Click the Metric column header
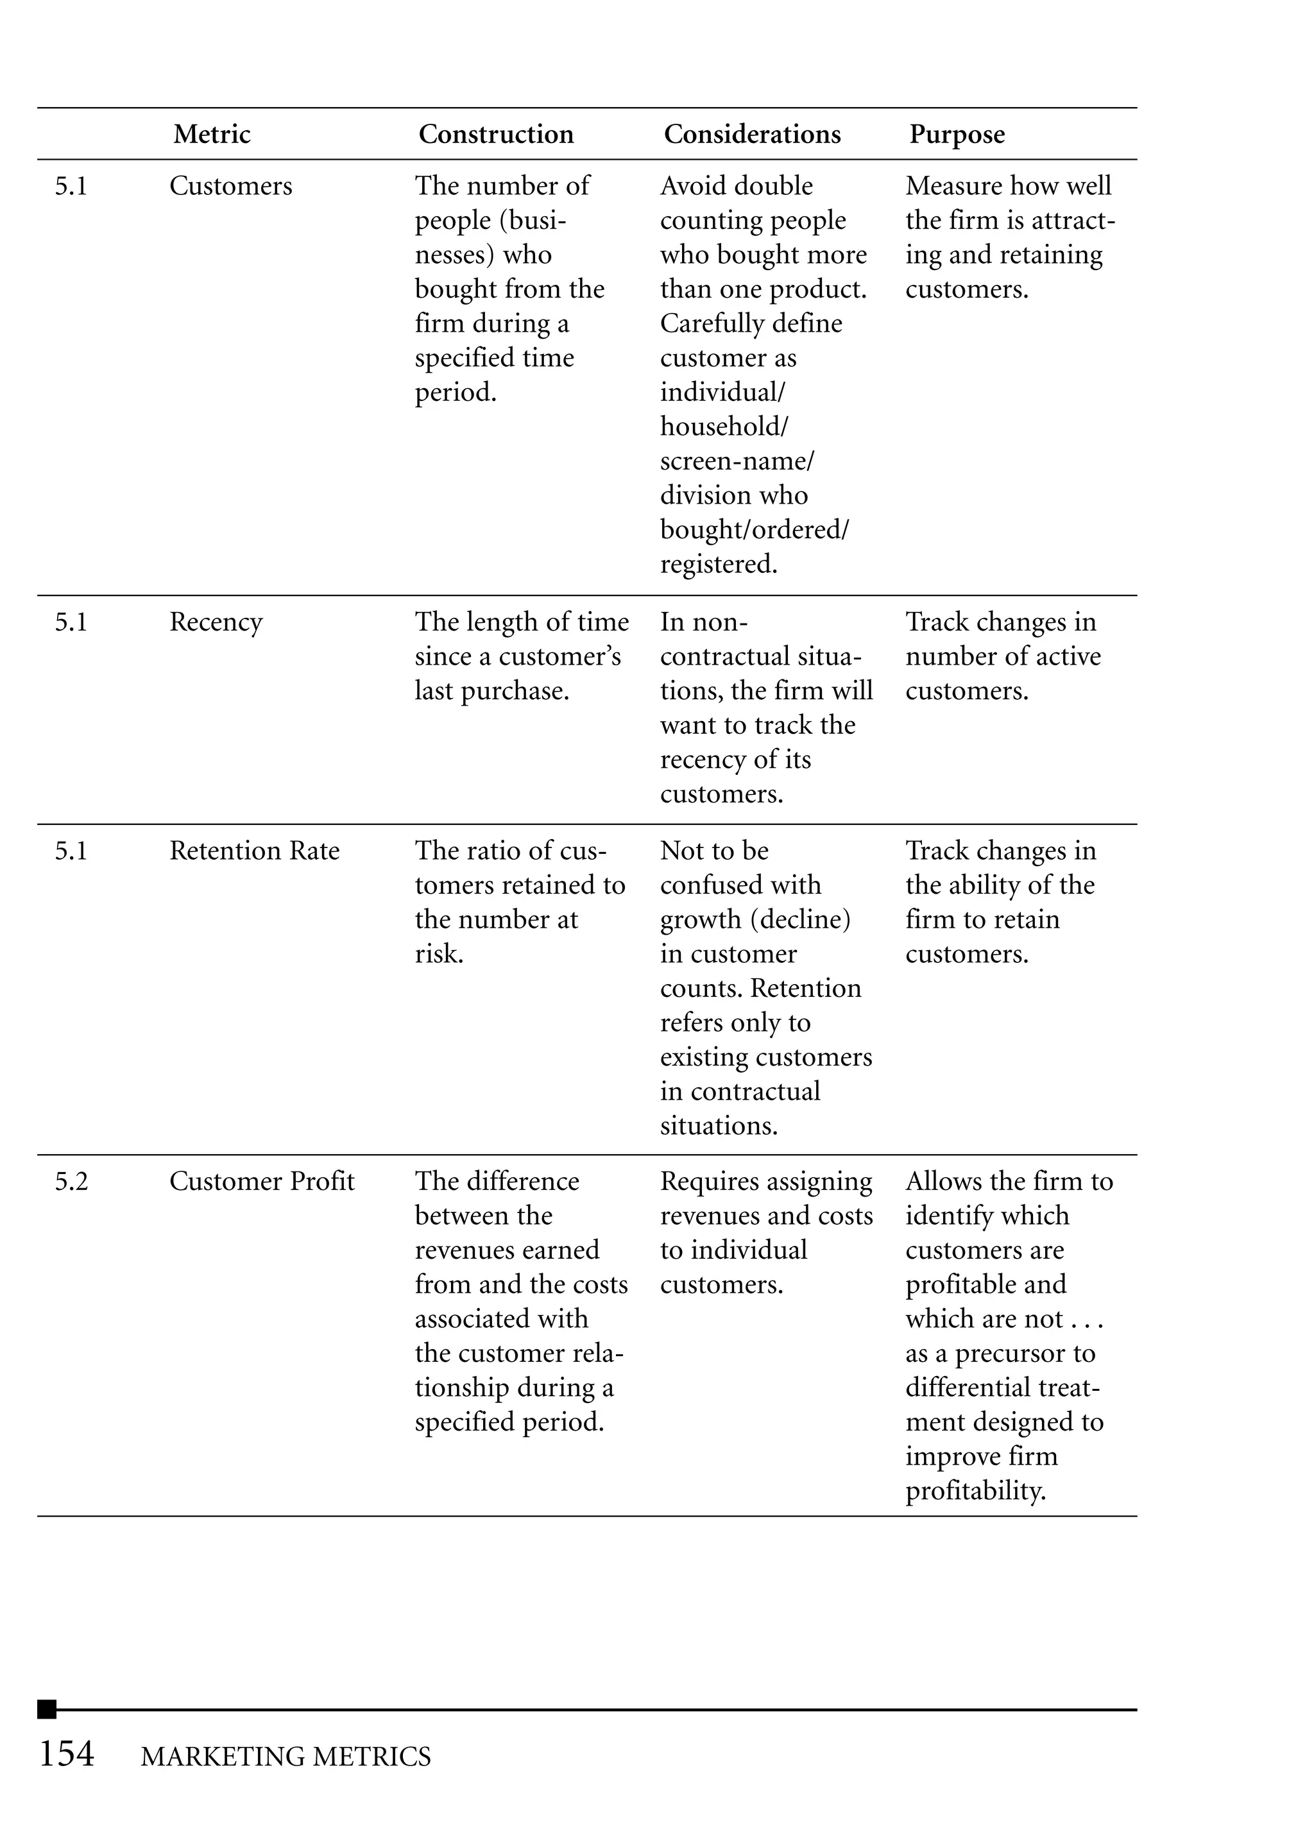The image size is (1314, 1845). [x=211, y=134]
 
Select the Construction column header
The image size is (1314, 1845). [x=495, y=134]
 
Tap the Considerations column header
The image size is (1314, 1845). [x=752, y=134]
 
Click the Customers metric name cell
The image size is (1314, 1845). [x=230, y=186]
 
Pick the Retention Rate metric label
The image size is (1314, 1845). [x=254, y=851]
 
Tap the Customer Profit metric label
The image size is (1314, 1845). [x=261, y=1182]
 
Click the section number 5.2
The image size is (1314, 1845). [x=71, y=1182]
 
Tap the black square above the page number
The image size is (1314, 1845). [x=47, y=1709]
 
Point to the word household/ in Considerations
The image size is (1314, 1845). [x=723, y=426]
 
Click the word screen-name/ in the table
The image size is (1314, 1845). [x=737, y=461]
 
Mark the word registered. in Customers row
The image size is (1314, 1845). [x=719, y=564]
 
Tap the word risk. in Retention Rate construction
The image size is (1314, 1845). [x=439, y=955]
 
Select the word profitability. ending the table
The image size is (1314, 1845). [x=975, y=1492]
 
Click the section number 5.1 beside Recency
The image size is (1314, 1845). [x=71, y=622]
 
